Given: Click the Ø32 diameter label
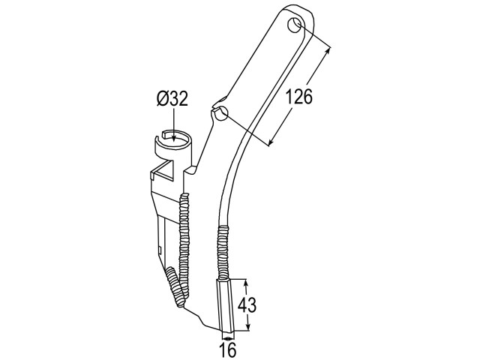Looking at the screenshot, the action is [172, 99].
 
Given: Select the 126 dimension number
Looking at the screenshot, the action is [299, 97].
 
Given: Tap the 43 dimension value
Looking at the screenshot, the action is [247, 305].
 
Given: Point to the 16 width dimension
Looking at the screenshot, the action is [228, 349].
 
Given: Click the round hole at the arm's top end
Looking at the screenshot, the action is [295, 25].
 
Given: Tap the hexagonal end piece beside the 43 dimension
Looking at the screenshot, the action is [225, 304].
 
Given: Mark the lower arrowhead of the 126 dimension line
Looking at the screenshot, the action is [271, 142].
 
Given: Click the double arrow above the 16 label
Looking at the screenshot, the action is [227, 338].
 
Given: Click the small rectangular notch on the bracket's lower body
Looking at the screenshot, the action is [160, 249].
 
